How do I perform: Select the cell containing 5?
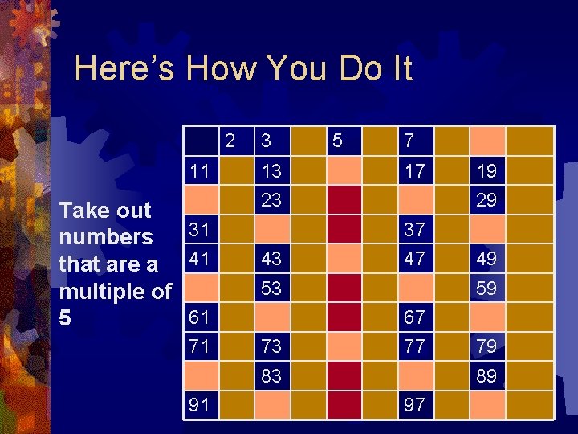(x=337, y=141)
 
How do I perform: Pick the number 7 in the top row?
(x=409, y=141)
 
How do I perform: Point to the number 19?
(x=486, y=170)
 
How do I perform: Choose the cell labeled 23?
(x=271, y=199)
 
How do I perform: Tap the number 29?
(x=486, y=199)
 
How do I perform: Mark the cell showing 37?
(x=415, y=230)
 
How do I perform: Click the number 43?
(x=271, y=259)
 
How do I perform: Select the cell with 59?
(x=486, y=288)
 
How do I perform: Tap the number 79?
(x=486, y=346)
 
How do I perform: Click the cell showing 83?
(x=271, y=376)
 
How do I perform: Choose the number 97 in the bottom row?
(x=415, y=405)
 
